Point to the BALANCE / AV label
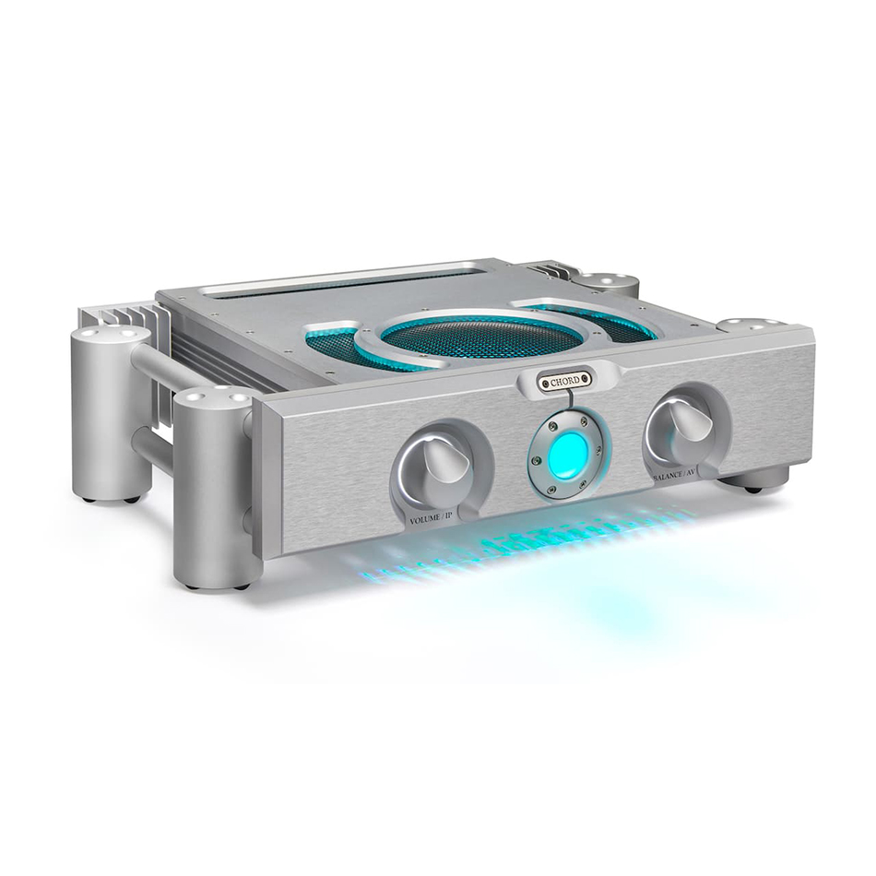[x=674, y=479]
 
